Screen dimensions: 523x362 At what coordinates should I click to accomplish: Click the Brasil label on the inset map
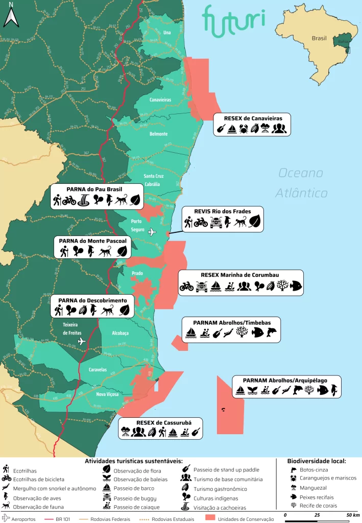click(319, 38)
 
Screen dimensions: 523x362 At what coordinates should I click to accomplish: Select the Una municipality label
click(166, 33)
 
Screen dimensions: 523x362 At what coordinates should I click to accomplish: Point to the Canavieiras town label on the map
click(160, 100)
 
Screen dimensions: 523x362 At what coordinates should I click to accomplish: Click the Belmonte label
click(158, 134)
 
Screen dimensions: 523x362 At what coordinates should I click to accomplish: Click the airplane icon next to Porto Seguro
click(152, 232)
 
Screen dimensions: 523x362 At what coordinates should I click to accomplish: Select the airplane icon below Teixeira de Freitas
click(81, 341)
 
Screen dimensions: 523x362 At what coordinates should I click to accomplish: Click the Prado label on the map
click(137, 273)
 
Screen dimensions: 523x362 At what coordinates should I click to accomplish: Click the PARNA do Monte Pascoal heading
click(93, 241)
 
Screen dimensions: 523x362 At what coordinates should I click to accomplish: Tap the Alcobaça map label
click(120, 332)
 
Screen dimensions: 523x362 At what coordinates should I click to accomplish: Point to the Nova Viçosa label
click(107, 394)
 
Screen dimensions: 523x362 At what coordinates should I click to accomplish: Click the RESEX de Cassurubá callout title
click(160, 422)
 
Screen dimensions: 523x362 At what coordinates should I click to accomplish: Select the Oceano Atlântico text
click(301, 183)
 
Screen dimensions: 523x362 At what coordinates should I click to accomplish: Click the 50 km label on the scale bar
click(353, 514)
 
